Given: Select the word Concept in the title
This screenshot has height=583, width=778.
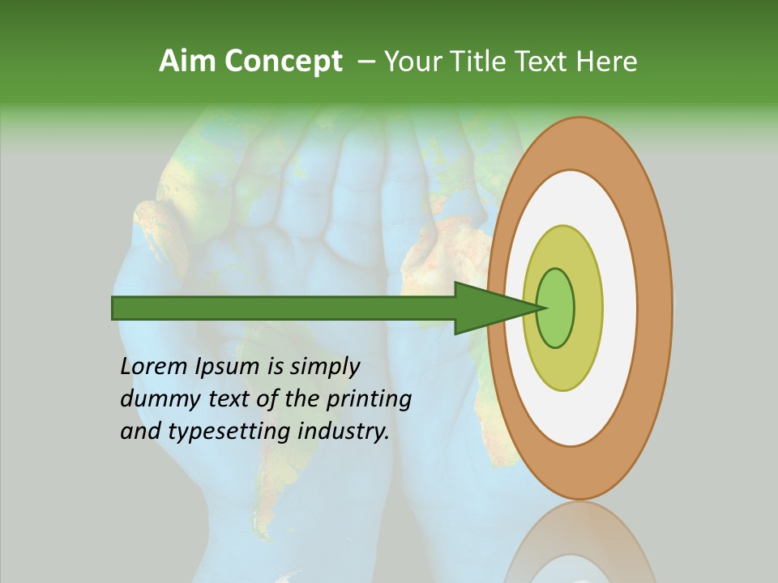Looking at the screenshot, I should point(284,62).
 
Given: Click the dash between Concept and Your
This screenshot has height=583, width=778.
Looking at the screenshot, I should point(365,62).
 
